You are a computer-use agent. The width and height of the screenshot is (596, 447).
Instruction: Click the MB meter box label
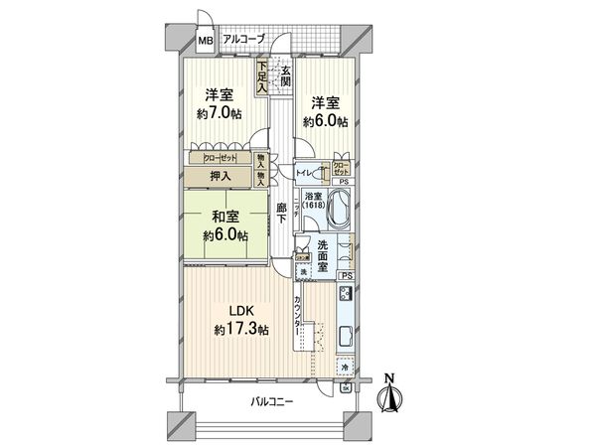pos(205,41)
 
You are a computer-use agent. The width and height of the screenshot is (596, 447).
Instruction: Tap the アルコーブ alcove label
pos(243,39)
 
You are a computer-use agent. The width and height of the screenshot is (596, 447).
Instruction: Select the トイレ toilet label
pos(308,172)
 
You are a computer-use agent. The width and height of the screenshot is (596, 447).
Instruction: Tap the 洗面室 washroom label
pos(329,253)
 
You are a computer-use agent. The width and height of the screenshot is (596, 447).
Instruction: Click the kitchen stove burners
pos(347,294)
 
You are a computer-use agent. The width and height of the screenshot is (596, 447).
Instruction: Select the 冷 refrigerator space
pos(345,367)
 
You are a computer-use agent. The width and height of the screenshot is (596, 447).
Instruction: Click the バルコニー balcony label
pos(271,402)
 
